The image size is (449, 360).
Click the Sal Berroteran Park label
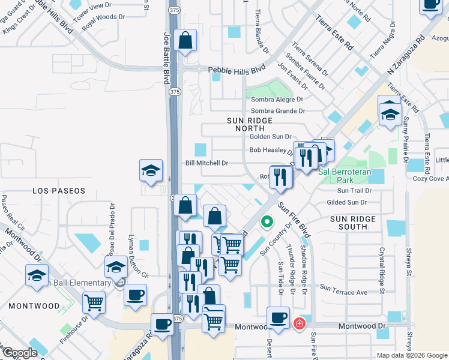pyautogui.click(x=345, y=175)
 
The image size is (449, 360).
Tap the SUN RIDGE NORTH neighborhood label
pyautogui.click(x=246, y=124)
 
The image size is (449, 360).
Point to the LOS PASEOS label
pyautogui.click(x=58, y=190)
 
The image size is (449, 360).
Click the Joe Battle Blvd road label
pyautogui.click(x=167, y=54)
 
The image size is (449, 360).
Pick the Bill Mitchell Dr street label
pyautogui.click(x=207, y=163)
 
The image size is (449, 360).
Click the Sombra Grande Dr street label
pyautogui.click(x=278, y=111)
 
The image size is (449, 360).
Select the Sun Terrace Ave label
pyautogui.click(x=343, y=292)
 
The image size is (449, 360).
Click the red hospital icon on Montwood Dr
pyautogui.click(x=299, y=325)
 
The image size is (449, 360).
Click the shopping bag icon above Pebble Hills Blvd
pyautogui.click(x=185, y=41)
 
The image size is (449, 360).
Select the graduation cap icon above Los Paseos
pyautogui.click(x=151, y=171)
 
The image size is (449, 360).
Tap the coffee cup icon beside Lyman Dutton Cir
pyautogui.click(x=136, y=295)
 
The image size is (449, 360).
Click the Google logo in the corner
pyautogui.click(x=20, y=353)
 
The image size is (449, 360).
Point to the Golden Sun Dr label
pyautogui.click(x=270, y=137)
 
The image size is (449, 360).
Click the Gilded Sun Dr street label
pyautogui.click(x=346, y=203)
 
